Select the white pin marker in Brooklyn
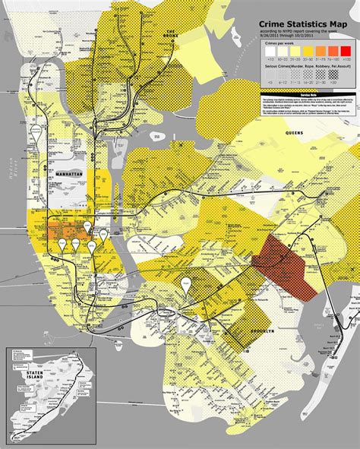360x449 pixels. (185, 284)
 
